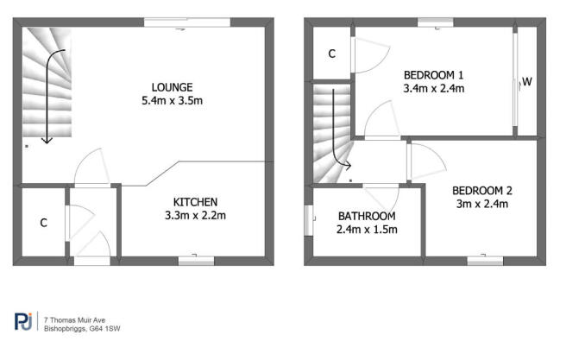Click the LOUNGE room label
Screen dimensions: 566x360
pyautogui.click(x=173, y=87)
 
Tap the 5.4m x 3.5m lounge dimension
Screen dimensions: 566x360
pyautogui.click(x=173, y=101)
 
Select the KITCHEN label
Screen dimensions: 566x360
pyautogui.click(x=195, y=202)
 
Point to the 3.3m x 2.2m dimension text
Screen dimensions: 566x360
pyautogui.click(x=195, y=216)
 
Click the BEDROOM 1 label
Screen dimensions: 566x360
pyautogui.click(x=433, y=75)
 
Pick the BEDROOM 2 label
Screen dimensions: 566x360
pyautogui.click(x=482, y=191)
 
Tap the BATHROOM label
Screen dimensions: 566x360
pyautogui.click(x=367, y=217)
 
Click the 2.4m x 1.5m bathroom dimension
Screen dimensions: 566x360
pyautogui.click(x=367, y=230)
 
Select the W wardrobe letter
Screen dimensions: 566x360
pyautogui.click(x=527, y=82)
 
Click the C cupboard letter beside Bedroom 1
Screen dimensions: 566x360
pyautogui.click(x=331, y=54)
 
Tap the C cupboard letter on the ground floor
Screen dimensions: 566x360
pyautogui.click(x=44, y=223)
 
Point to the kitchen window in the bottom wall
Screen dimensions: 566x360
pyautogui.click(x=197, y=261)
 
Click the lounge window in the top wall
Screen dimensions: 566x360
pyautogui.click(x=187, y=22)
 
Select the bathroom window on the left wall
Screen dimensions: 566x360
pyautogui.click(x=309, y=221)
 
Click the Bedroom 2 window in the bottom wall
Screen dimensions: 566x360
pyautogui.click(x=485, y=261)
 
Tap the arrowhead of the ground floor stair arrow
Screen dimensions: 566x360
pyautogui.click(x=47, y=142)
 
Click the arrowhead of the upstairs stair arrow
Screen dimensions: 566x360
pyautogui.click(x=349, y=166)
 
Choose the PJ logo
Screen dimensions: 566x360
pyautogui.click(x=23, y=321)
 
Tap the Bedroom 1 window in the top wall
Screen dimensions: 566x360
pyautogui.click(x=436, y=22)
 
